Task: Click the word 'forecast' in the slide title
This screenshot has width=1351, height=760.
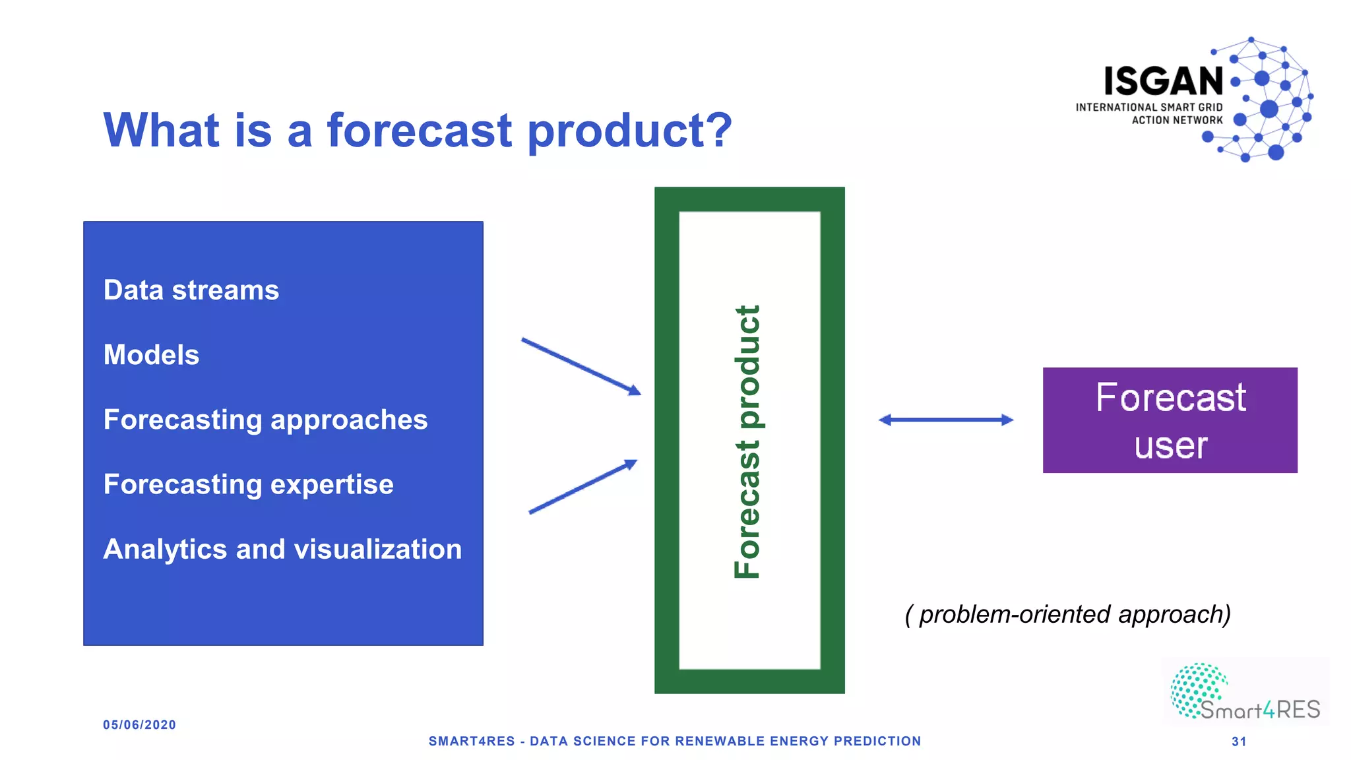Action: pyautogui.click(x=419, y=130)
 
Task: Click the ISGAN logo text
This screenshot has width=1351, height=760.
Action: pyautogui.click(x=1164, y=81)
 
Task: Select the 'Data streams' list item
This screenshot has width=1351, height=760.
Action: pyautogui.click(x=191, y=290)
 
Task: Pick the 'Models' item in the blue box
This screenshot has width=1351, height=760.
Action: pyautogui.click(x=151, y=355)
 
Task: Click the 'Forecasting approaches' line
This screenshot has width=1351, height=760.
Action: pyautogui.click(x=265, y=420)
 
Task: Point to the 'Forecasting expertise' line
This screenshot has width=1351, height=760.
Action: pyautogui.click(x=248, y=484)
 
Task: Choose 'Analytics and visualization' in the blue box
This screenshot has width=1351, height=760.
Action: pyautogui.click(x=282, y=549)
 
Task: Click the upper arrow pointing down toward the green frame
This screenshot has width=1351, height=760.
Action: pyautogui.click(x=581, y=367)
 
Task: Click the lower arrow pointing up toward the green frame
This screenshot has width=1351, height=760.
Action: pyautogui.click(x=582, y=487)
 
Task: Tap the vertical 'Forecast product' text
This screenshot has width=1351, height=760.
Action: pyautogui.click(x=747, y=442)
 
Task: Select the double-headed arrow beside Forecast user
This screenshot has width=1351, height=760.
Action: pyautogui.click(x=945, y=420)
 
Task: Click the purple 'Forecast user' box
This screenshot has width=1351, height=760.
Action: pyautogui.click(x=1170, y=420)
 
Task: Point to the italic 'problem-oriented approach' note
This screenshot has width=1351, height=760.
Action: pyautogui.click(x=1067, y=614)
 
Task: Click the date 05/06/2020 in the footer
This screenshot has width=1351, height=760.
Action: pyautogui.click(x=139, y=725)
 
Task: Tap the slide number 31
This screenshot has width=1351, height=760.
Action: pyautogui.click(x=1239, y=742)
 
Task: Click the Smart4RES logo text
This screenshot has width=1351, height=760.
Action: pyautogui.click(x=1260, y=710)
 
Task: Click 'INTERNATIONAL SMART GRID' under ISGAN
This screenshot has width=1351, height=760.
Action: pyautogui.click(x=1148, y=107)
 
